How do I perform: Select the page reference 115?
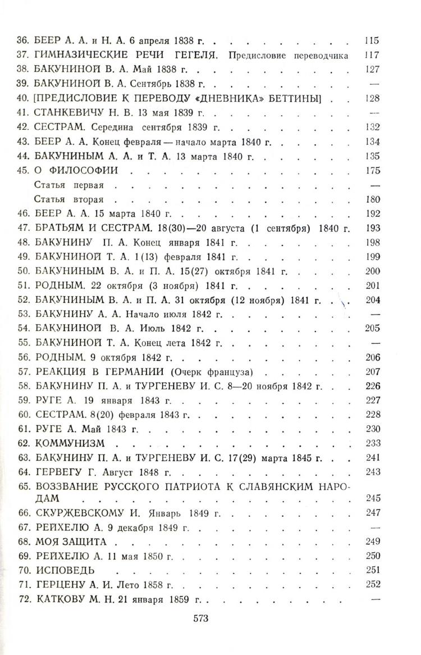[x=371, y=41]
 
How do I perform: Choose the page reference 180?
[x=372, y=199]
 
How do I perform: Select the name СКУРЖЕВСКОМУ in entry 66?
[x=85, y=513]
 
